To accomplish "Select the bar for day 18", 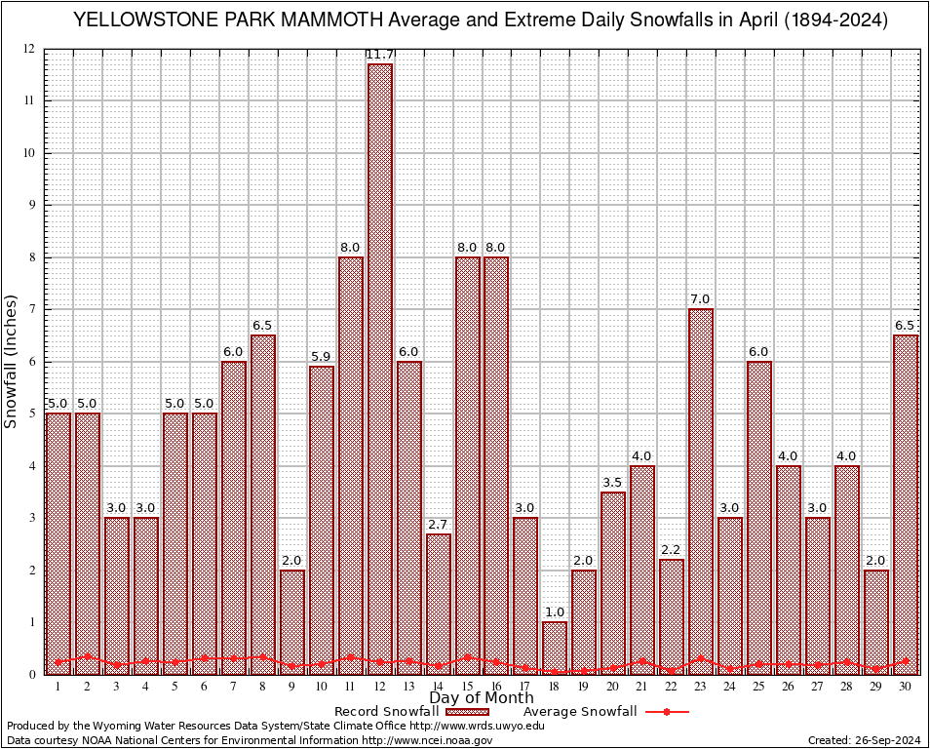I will point(555,648).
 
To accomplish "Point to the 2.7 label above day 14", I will point(439,526).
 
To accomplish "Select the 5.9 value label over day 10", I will point(322,357).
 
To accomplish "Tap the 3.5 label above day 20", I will point(613,483).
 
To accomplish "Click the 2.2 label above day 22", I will point(672,550).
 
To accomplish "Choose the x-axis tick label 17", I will point(525,686).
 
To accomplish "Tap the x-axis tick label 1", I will point(58,686).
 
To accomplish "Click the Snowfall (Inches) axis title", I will point(12,361).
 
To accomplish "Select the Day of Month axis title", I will point(482,698).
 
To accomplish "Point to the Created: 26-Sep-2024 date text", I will point(865,740).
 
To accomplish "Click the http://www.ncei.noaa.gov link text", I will point(427,740).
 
